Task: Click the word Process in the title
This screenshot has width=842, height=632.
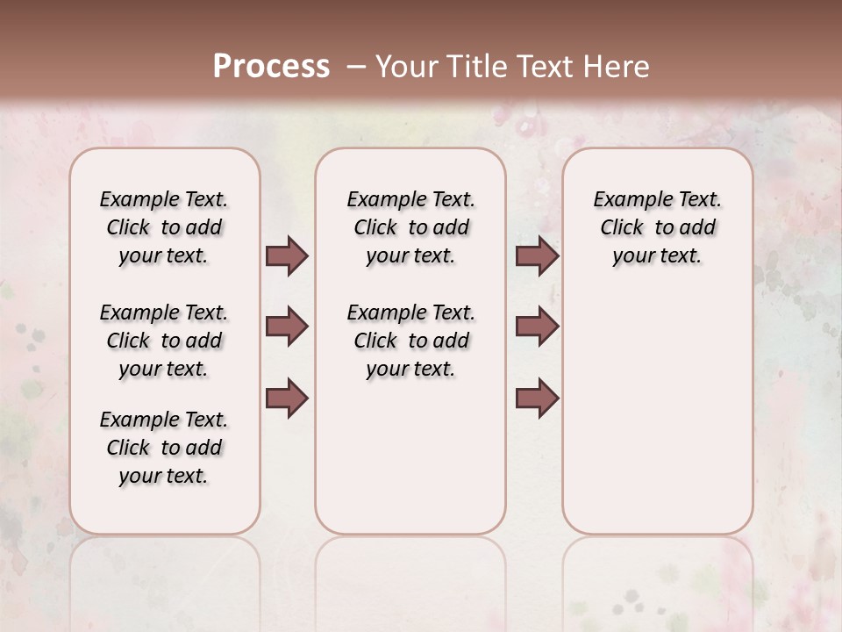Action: pyautogui.click(x=271, y=67)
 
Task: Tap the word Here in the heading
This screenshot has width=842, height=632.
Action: pyautogui.click(x=617, y=67)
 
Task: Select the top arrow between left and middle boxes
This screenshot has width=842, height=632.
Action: pyautogui.click(x=287, y=255)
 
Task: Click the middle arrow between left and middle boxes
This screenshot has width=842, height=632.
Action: pyautogui.click(x=287, y=327)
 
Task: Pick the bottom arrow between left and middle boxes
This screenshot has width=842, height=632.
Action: pyautogui.click(x=287, y=398)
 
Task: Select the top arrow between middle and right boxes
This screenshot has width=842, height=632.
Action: pyautogui.click(x=537, y=255)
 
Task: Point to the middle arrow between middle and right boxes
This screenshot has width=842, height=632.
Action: pyautogui.click(x=537, y=327)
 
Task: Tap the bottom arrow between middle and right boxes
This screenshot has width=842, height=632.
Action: pyautogui.click(x=537, y=398)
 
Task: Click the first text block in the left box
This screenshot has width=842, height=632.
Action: pyautogui.click(x=164, y=227)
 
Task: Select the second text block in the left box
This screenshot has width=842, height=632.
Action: pyautogui.click(x=164, y=341)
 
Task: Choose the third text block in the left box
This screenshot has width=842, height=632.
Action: pyautogui.click(x=164, y=448)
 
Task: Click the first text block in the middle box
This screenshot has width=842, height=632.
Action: pyautogui.click(x=410, y=227)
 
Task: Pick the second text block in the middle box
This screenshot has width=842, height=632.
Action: pyautogui.click(x=410, y=341)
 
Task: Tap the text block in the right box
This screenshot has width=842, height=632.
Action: pyautogui.click(x=657, y=227)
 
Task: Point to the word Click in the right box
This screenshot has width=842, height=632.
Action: pyautogui.click(x=622, y=228)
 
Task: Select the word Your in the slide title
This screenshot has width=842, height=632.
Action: pyautogui.click(x=406, y=67)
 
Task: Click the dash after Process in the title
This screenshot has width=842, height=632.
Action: pyautogui.click(x=356, y=67)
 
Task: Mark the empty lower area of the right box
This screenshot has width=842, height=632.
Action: pyautogui.click(x=657, y=413)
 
